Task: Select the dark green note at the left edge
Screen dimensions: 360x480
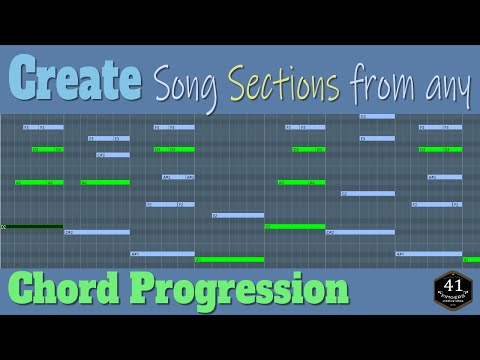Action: tap(32, 226)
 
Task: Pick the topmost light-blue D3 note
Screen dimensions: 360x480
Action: tap(376, 116)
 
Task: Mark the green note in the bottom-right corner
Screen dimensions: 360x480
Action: tap(470, 259)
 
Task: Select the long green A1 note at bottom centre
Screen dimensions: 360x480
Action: tap(229, 259)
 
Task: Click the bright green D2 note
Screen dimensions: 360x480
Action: tap(295, 226)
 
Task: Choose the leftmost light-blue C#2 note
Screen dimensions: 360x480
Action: tap(96, 232)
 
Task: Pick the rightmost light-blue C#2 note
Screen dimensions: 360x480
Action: tap(360, 232)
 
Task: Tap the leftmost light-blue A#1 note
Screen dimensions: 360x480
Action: tap(162, 253)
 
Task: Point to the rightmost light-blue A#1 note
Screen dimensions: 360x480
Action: tap(429, 253)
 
